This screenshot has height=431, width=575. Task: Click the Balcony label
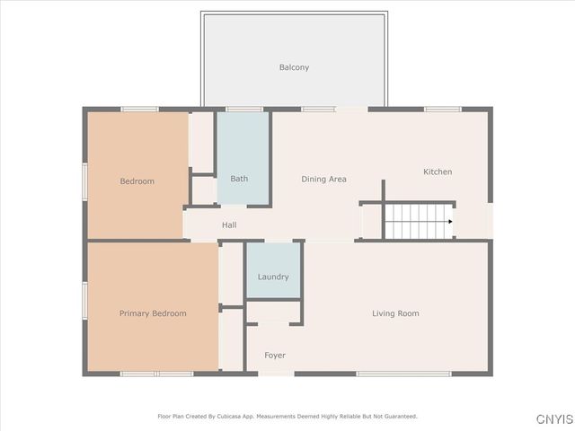[294, 67]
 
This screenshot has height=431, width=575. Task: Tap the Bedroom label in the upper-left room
[137, 181]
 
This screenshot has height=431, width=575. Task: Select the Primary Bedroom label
[153, 313]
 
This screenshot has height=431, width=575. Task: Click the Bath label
[239, 179]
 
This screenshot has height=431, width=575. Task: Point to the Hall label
[229, 225]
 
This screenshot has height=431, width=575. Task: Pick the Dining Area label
[323, 180]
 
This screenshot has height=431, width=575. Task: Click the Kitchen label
[438, 172]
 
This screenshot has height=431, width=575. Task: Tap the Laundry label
[273, 277]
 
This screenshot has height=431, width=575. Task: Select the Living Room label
[395, 313]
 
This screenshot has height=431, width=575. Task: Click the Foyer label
[275, 356]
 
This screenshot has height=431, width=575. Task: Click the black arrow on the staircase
[448, 221]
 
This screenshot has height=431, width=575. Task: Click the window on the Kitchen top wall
[442, 110]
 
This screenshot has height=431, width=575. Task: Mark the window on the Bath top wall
[243, 110]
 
